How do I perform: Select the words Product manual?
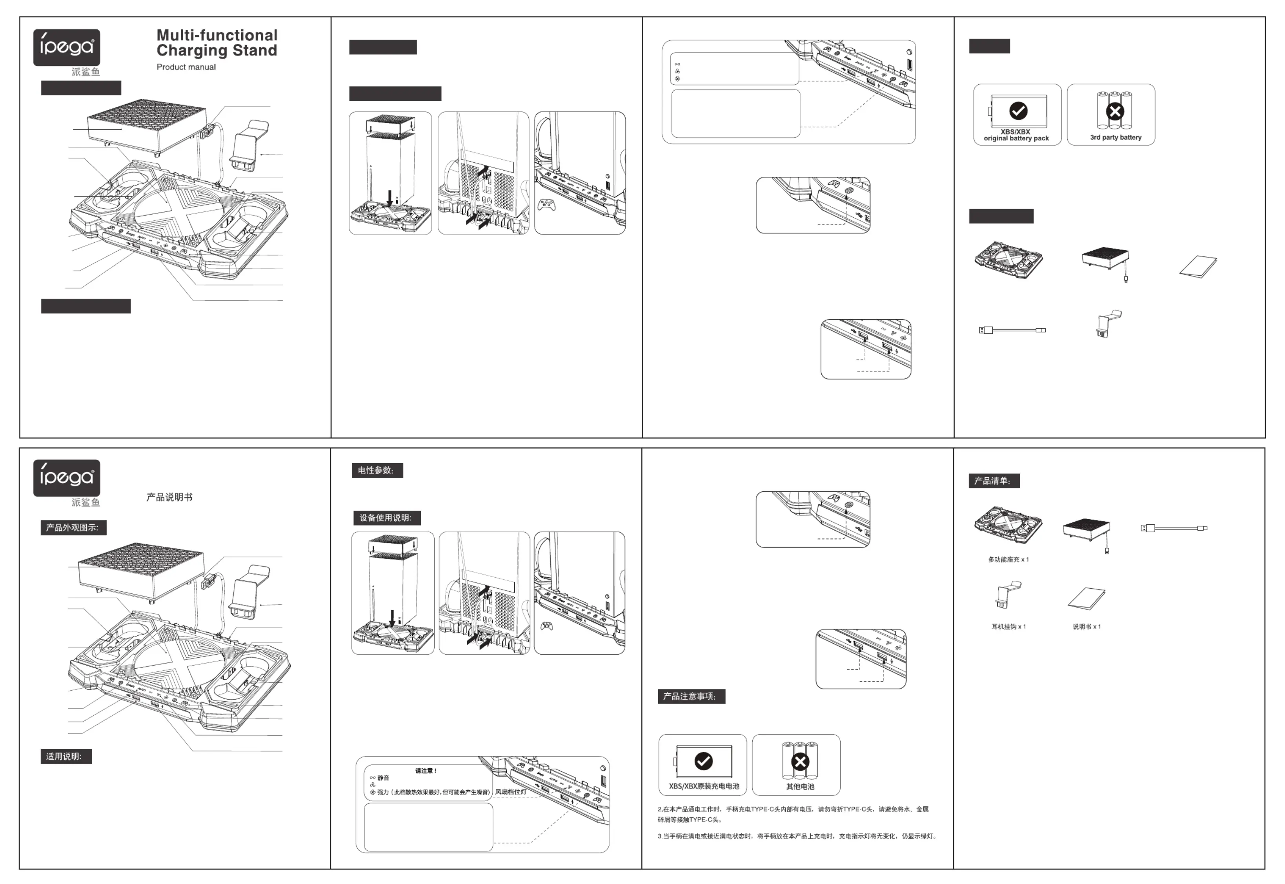186,67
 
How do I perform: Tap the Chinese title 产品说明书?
169,497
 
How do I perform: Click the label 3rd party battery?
1116,137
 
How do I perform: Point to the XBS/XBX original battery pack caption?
1016,135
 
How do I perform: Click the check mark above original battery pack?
1018,111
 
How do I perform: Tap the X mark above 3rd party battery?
1115,112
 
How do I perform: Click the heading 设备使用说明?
386,518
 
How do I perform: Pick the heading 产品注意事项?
691,696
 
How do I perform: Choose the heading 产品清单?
994,481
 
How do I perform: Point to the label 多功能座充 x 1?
1008,559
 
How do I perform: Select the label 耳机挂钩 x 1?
1008,626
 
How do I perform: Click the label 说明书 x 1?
1086,626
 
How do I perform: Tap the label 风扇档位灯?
510,791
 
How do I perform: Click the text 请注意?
426,770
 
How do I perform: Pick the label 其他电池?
800,786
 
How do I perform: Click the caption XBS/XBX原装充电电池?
703,786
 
